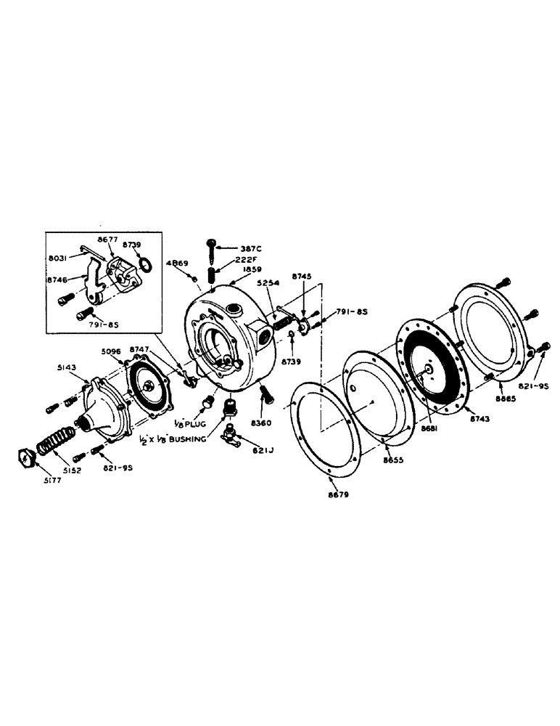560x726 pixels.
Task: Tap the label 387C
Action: pos(251,248)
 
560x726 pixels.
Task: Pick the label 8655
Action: pos(395,460)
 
